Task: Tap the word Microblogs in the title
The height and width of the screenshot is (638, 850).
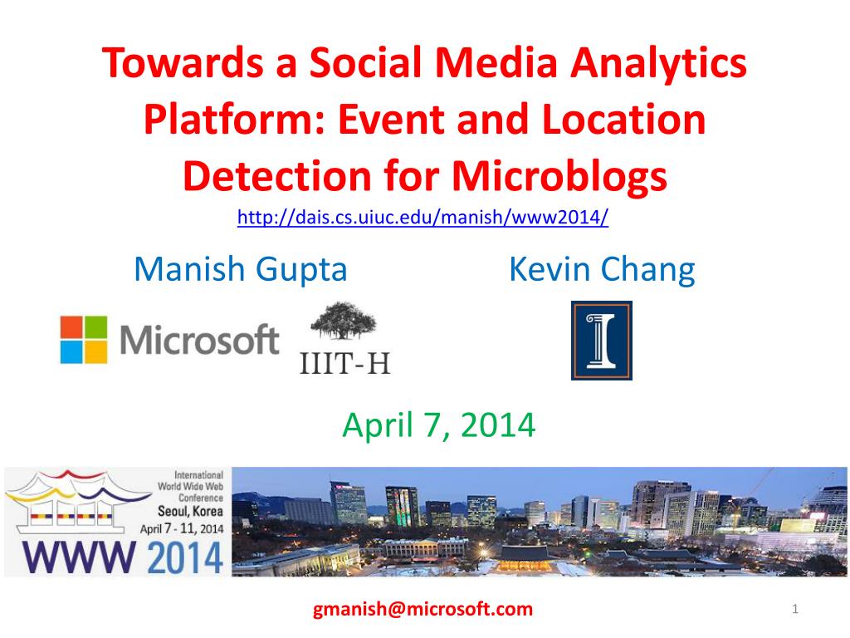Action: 559,177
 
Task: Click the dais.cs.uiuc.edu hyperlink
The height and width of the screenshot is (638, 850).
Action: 423,217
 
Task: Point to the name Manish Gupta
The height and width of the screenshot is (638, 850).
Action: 240,270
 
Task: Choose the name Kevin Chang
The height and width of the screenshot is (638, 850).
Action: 602,270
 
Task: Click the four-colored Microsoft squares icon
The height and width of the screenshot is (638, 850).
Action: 84,340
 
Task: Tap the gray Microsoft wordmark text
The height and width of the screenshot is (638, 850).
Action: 199,340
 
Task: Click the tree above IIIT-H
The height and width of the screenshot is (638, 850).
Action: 344,321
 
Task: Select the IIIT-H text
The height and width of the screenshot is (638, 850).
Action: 344,363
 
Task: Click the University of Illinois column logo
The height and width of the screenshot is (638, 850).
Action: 602,340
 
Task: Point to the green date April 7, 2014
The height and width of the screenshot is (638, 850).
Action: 439,425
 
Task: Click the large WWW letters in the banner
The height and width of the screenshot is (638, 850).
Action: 79,557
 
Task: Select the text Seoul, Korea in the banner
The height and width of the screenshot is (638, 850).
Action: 190,511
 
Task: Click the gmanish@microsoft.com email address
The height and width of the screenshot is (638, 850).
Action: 423,609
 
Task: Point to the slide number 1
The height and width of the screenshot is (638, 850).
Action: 795,609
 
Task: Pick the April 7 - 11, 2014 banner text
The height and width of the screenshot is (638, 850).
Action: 182,528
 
